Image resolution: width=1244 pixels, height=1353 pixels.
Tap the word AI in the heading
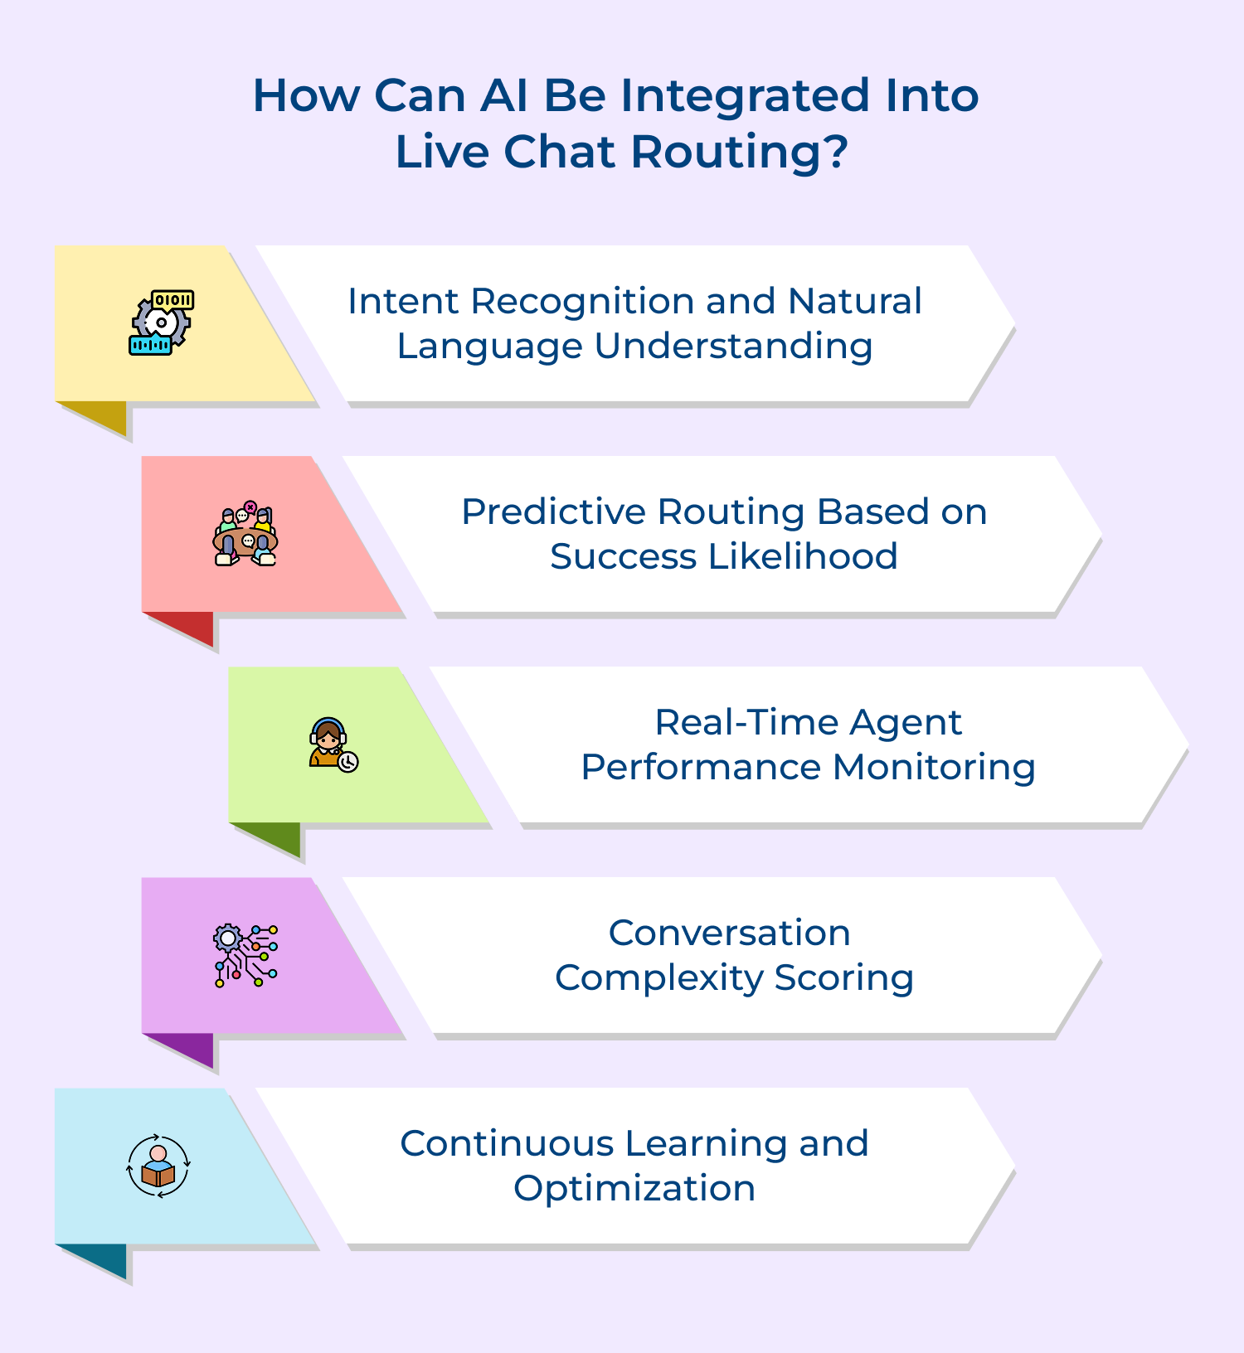tap(504, 95)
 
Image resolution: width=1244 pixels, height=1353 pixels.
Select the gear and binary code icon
tap(162, 322)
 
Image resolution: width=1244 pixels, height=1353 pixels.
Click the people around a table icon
tap(245, 534)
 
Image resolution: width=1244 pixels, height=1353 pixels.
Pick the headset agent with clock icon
tap(333, 744)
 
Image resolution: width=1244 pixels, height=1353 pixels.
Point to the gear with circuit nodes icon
tap(246, 955)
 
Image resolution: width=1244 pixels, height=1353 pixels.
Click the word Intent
tap(403, 301)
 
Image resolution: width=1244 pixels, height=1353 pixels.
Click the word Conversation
tap(729, 933)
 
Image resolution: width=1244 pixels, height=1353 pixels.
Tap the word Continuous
tap(506, 1143)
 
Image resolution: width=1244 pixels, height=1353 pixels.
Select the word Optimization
tap(634, 1189)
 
